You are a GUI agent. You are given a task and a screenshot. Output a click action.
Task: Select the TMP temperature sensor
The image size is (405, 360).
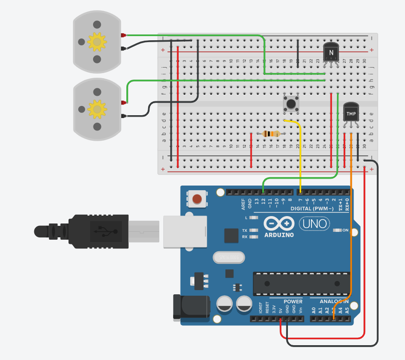tap(351, 113)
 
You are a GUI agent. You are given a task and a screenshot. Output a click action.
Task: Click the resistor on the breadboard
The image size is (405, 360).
tap(271, 134)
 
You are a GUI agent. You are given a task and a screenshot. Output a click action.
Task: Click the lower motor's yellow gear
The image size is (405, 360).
tap(97, 109)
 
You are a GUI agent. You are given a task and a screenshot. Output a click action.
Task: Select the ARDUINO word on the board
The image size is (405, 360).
tap(279, 235)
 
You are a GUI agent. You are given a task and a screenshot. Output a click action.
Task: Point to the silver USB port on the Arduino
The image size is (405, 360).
tap(185, 230)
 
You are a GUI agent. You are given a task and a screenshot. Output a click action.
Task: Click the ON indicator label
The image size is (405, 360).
tap(345, 230)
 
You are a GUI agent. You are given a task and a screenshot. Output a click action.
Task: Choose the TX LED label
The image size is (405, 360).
tap(244, 230)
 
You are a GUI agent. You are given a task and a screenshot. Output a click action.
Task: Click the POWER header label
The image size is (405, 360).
tap(293, 302)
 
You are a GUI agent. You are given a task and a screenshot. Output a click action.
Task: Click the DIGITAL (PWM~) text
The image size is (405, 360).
tap(311, 209)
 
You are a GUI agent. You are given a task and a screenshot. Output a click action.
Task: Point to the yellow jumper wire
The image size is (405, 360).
tap(300, 153)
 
